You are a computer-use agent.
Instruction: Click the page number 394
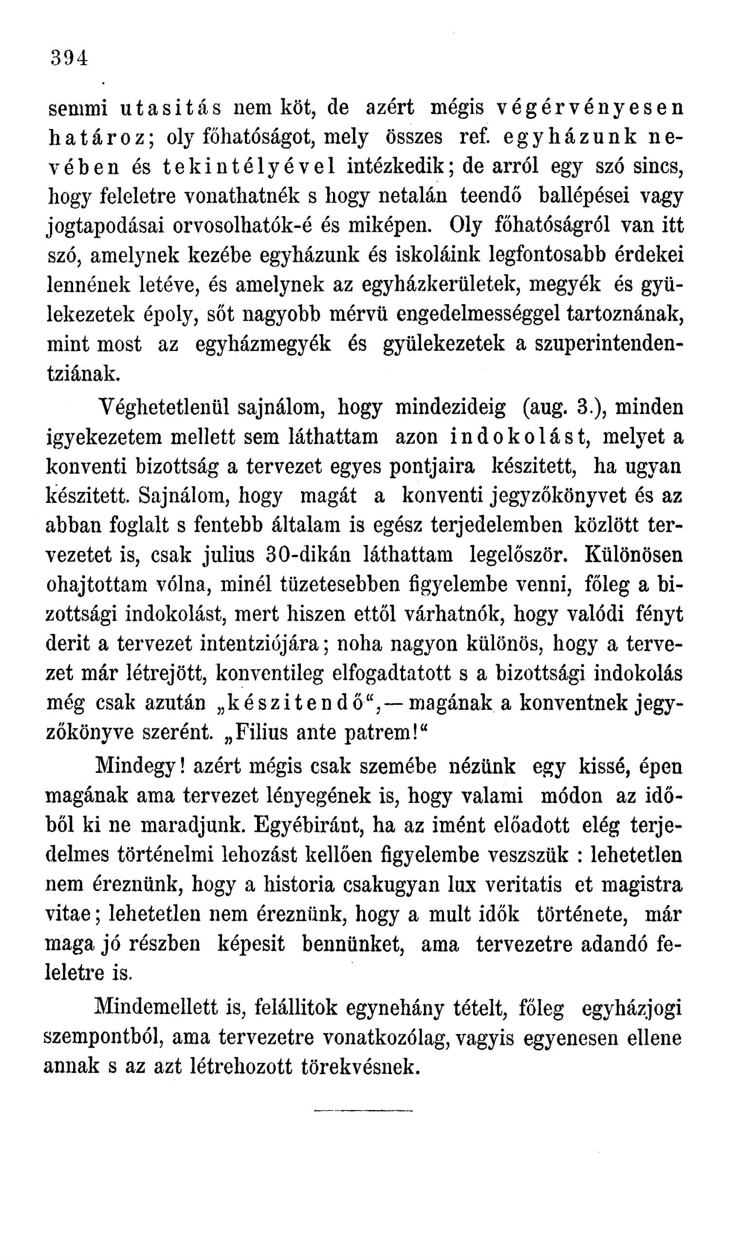click(70, 57)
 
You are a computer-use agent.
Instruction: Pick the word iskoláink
click(436, 256)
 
